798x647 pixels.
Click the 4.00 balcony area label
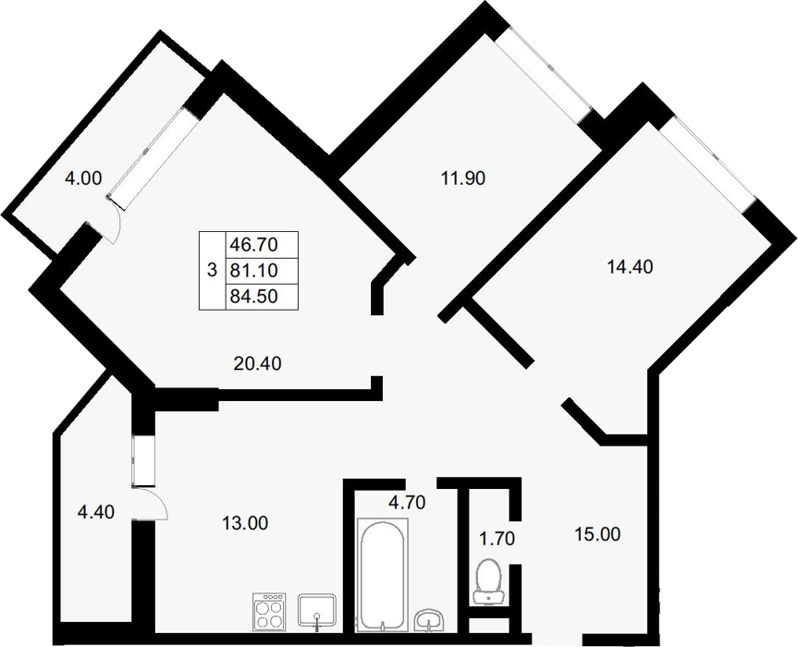pyautogui.click(x=83, y=178)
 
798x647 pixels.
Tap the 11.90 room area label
pyautogui.click(x=462, y=178)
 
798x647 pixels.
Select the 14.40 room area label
pyautogui.click(x=630, y=266)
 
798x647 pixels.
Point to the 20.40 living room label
pyautogui.click(x=257, y=363)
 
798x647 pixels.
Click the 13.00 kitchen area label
pyautogui.click(x=245, y=523)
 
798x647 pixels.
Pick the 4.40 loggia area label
pyautogui.click(x=95, y=512)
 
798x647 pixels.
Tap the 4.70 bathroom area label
pyautogui.click(x=407, y=503)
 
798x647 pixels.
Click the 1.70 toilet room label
pyautogui.click(x=497, y=538)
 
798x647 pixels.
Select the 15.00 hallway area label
pyautogui.click(x=597, y=534)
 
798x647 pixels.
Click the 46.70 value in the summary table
pyautogui.click(x=254, y=245)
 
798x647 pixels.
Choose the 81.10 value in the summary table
pyautogui.click(x=254, y=270)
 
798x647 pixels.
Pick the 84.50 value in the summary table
pyautogui.click(x=254, y=296)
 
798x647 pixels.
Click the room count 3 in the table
pyautogui.click(x=213, y=270)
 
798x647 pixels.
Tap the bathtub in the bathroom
pyautogui.click(x=383, y=575)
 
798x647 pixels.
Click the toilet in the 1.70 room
pyautogui.click(x=489, y=582)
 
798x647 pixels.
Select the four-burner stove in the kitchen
pyautogui.click(x=269, y=612)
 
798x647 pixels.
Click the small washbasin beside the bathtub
pyautogui.click(x=430, y=620)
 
